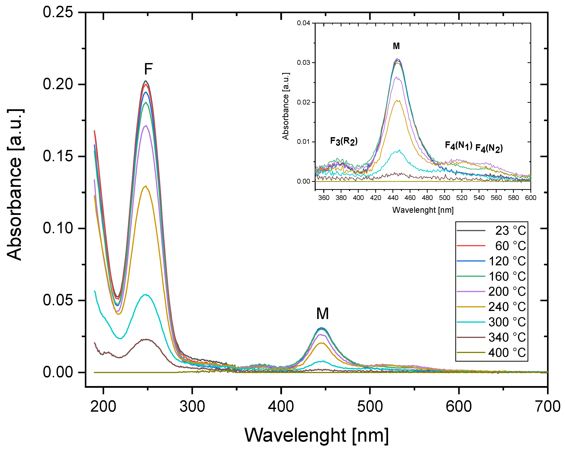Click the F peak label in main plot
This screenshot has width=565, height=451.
pyautogui.click(x=148, y=69)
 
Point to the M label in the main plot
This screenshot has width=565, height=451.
pyautogui.click(x=322, y=313)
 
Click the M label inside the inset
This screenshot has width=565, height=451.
pyautogui.click(x=396, y=46)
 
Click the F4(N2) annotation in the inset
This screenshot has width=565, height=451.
pyautogui.click(x=489, y=148)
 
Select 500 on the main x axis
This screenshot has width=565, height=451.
pyautogui.click(x=370, y=406)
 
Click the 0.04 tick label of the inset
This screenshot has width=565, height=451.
pyautogui.click(x=303, y=23)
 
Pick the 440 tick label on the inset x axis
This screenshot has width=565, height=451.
pyautogui.click(x=393, y=198)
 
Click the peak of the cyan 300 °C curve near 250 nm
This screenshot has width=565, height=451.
pyautogui.click(x=146, y=294)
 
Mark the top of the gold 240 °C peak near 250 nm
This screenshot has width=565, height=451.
pyautogui.click(x=146, y=186)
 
